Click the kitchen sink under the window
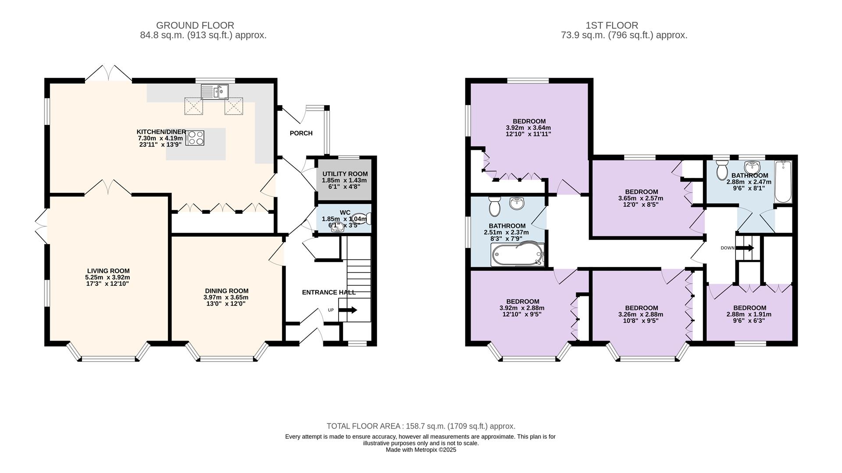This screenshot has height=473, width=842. pyautogui.click(x=215, y=92)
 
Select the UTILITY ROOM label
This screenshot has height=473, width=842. pyautogui.click(x=345, y=174)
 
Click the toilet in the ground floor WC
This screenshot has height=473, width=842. pyautogui.click(x=366, y=218)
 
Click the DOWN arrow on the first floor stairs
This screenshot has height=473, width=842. pyautogui.click(x=745, y=248)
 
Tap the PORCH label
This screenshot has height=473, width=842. pyautogui.click(x=301, y=133)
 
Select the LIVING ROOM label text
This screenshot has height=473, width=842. pyautogui.click(x=108, y=271)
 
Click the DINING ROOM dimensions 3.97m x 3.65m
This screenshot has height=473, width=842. pyautogui.click(x=227, y=297)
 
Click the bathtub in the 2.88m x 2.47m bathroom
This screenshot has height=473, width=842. pyautogui.click(x=783, y=182)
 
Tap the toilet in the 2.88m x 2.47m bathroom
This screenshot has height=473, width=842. pyautogui.click(x=721, y=171)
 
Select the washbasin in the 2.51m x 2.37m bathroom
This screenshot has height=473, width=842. pyautogui.click(x=518, y=204)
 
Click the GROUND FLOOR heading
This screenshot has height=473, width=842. pyautogui.click(x=195, y=25)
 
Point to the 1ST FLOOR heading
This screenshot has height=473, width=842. pyautogui.click(x=624, y=25)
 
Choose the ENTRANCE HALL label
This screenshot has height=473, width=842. pyautogui.click(x=329, y=292)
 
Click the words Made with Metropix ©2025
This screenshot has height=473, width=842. pyautogui.click(x=421, y=450)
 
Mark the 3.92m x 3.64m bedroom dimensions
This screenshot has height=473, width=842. pyautogui.click(x=528, y=128)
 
